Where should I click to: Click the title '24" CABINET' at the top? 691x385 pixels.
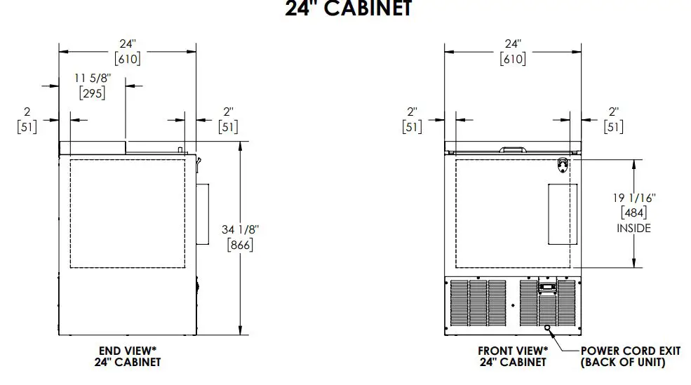348,9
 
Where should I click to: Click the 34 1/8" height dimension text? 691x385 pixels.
240,229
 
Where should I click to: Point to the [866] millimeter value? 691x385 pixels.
240,245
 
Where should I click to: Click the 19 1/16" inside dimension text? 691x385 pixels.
633,198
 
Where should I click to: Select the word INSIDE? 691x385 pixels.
633,228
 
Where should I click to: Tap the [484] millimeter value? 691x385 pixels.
633,212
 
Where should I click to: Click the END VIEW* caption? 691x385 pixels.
127,350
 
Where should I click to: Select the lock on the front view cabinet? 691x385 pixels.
563,164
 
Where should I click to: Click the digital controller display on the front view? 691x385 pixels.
547,286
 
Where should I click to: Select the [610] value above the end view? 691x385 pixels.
127,59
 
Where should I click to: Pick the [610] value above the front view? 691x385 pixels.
513,59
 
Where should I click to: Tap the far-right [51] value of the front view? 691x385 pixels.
614,126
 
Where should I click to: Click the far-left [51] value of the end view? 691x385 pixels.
26,126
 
